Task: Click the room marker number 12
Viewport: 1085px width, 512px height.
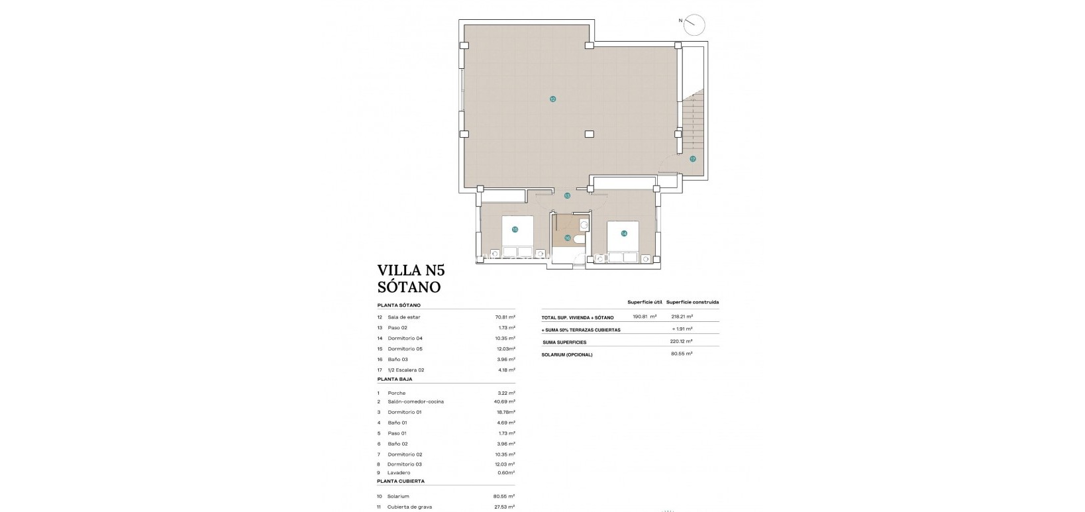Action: pos(552,99)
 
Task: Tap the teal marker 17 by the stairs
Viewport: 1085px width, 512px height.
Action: pos(692,159)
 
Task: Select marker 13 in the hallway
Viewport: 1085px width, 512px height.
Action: pos(567,196)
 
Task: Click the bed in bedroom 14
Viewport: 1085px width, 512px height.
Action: pos(623,242)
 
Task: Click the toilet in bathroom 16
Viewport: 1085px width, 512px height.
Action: pos(579,240)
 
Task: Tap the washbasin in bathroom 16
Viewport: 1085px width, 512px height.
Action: pos(584,225)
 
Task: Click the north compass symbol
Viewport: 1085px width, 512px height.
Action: pos(694,25)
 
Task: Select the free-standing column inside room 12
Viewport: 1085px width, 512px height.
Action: pos(589,134)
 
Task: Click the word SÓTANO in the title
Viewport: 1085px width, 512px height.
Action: pos(409,287)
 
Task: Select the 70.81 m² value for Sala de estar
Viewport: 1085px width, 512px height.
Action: pos(505,317)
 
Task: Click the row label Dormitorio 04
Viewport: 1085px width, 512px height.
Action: pos(405,338)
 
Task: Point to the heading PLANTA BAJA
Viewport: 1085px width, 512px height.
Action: pos(395,380)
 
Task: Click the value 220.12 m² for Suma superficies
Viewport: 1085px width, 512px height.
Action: pos(681,342)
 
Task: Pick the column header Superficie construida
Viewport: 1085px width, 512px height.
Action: pos(692,302)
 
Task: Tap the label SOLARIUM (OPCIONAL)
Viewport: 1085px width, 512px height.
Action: pos(566,354)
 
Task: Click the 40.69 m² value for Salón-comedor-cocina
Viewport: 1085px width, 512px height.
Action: pos(505,401)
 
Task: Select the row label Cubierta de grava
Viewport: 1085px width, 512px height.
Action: pos(409,507)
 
